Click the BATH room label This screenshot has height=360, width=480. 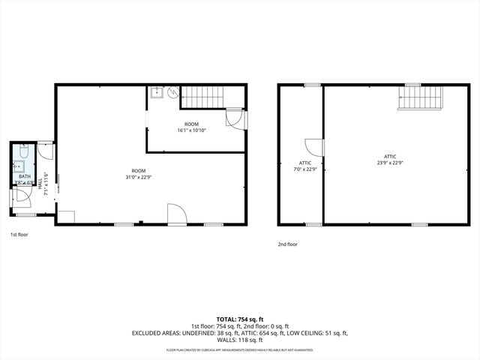(24, 176)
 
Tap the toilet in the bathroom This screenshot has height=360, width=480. (23, 153)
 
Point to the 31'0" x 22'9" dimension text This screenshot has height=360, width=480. (139, 177)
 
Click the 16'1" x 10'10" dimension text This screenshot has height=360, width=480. (192, 130)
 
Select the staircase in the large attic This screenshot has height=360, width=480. (421, 98)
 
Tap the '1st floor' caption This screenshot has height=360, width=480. (19, 234)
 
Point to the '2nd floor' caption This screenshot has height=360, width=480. (287, 244)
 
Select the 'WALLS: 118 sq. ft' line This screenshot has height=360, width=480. (240, 339)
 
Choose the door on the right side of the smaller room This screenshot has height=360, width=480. (235, 119)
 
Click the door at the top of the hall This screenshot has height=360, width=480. (46, 151)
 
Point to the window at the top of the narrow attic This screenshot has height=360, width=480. (313, 85)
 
